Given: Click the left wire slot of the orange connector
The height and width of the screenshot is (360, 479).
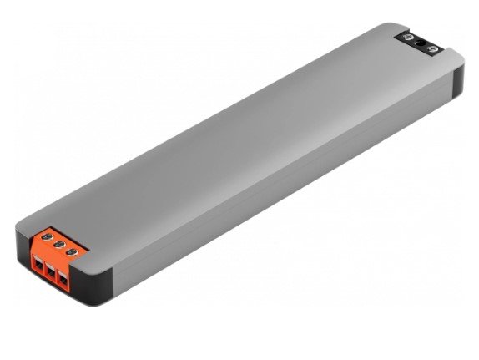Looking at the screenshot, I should (x=38, y=263).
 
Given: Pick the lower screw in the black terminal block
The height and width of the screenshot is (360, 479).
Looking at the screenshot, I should (x=432, y=51).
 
